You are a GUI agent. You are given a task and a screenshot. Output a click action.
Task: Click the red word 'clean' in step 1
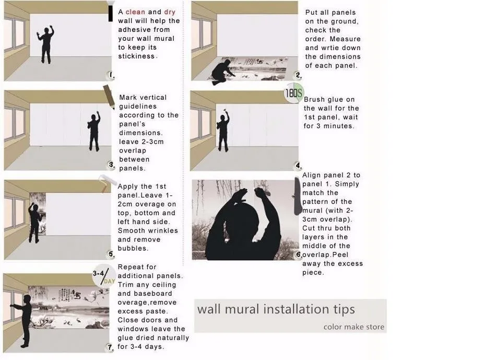135,12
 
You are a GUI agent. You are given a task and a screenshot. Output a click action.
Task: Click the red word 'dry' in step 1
170,13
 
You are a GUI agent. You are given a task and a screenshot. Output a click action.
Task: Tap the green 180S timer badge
294,93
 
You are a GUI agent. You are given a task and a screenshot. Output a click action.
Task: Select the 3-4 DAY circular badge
104,275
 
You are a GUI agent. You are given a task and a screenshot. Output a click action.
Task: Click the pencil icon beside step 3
109,97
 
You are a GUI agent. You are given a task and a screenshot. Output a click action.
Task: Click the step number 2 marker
298,75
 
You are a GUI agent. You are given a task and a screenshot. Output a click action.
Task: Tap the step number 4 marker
298,165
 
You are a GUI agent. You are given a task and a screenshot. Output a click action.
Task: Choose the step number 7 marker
110,347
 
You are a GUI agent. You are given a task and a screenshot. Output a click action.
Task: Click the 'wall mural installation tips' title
276,309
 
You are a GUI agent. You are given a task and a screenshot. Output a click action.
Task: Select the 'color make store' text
353,327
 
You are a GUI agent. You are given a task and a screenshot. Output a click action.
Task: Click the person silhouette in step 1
46,44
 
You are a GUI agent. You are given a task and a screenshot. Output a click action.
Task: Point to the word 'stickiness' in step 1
136,56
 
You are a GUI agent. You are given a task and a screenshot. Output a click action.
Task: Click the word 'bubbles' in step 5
132,248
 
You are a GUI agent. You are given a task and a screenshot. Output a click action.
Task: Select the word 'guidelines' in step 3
138,107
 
